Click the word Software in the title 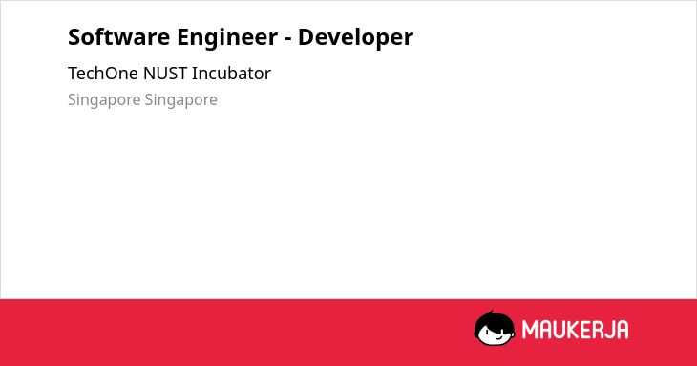click(118, 37)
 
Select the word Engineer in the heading click(227, 38)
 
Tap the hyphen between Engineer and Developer click(288, 39)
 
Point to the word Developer click(355, 38)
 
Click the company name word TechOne click(103, 74)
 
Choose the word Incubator click(231, 74)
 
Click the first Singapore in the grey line click(104, 100)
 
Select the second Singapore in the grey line click(180, 100)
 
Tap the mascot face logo click(495, 329)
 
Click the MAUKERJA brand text click(575, 330)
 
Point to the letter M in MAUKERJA click(530, 330)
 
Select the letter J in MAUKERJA click(607, 330)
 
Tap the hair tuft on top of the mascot click(491, 312)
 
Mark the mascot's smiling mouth click(498, 337)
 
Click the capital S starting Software click(74, 37)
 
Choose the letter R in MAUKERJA click(595, 330)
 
